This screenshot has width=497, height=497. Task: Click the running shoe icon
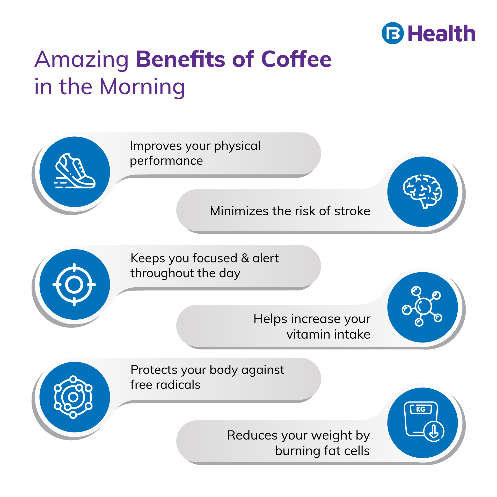click(x=75, y=171)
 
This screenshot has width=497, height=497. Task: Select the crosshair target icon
click(x=74, y=284)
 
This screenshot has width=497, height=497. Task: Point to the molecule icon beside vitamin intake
click(x=422, y=306)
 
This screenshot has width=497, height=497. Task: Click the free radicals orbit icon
click(x=73, y=397)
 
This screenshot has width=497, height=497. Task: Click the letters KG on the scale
click(x=421, y=409)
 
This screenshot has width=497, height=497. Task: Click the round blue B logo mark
click(x=393, y=33)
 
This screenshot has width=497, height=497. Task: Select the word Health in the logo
click(x=442, y=33)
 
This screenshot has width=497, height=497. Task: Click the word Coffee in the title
click(x=296, y=59)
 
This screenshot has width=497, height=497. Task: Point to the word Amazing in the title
click(x=82, y=60)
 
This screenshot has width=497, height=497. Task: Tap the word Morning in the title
click(x=142, y=87)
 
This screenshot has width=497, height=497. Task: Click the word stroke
click(x=352, y=211)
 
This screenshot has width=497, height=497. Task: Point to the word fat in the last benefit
click(x=332, y=451)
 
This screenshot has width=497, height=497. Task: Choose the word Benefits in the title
click(x=180, y=59)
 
